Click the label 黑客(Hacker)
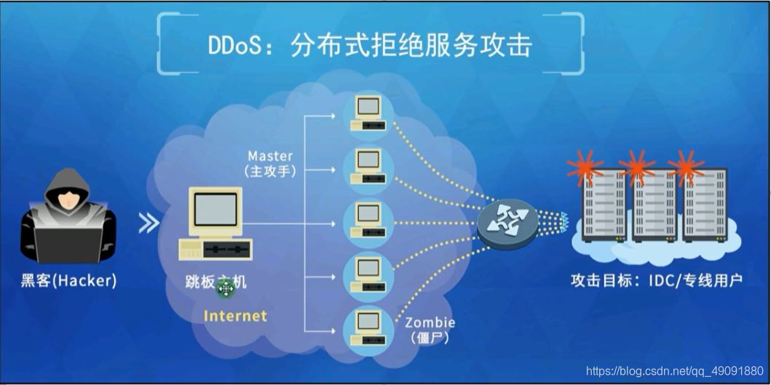pyautogui.click(x=68, y=280)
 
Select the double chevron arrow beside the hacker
pyautogui.click(x=149, y=223)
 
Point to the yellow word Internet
pyautogui.click(x=235, y=316)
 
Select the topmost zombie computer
pyautogui.click(x=368, y=114)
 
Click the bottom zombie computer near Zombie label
pyautogui.click(x=368, y=328)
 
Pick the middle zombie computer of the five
pyautogui.click(x=368, y=221)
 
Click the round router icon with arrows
pyautogui.click(x=507, y=223)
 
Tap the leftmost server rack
pyautogui.click(x=603, y=205)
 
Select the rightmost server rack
pyautogui.click(x=705, y=205)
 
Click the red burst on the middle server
pyautogui.click(x=637, y=167)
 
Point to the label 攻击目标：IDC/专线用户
pyautogui.click(x=656, y=279)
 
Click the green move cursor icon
pyautogui.click(x=226, y=289)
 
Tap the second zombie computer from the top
pyautogui.click(x=368, y=167)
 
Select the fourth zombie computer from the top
pyautogui.click(x=368, y=274)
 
